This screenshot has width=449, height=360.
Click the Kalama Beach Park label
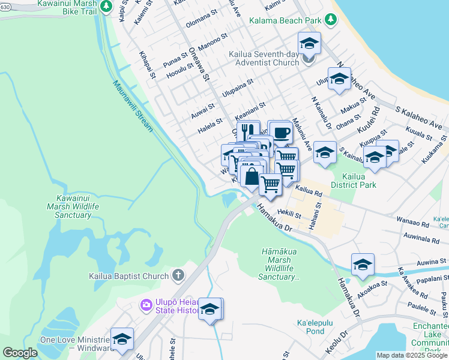(285, 20)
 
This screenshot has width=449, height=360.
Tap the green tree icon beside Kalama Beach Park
(330, 20)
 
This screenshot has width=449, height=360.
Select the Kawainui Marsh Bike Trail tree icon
(106, 6)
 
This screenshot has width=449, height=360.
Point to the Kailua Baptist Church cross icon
(178, 276)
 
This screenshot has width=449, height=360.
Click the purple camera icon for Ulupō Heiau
(146, 305)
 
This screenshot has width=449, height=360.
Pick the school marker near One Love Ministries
(122, 339)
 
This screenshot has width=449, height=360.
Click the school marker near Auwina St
(363, 265)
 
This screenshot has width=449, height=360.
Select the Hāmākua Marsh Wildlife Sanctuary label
(280, 264)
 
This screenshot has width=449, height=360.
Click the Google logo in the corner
(20, 353)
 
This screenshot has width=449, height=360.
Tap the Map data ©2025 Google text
(412, 355)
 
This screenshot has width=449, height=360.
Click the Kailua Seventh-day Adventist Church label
(264, 58)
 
